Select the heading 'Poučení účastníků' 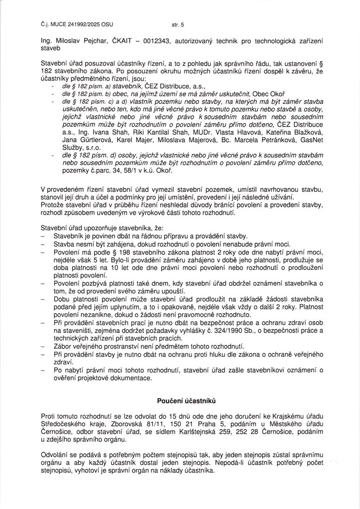180,400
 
